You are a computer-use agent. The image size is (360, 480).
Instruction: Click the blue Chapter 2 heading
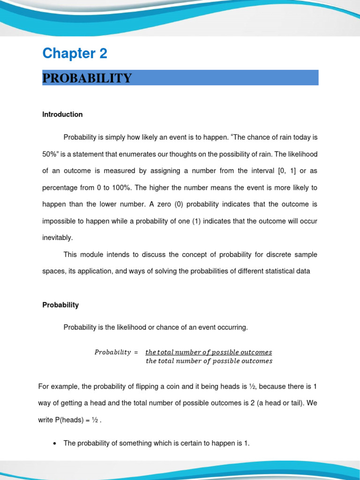coord(75,53)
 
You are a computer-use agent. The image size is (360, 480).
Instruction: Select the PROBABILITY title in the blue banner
coord(87,78)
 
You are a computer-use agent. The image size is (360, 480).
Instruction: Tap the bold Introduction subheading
coord(62,114)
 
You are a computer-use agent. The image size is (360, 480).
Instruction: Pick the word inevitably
coord(58,238)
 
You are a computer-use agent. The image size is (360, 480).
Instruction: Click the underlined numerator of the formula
coord(209,352)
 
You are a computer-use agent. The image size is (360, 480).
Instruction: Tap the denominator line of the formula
coord(209,361)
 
